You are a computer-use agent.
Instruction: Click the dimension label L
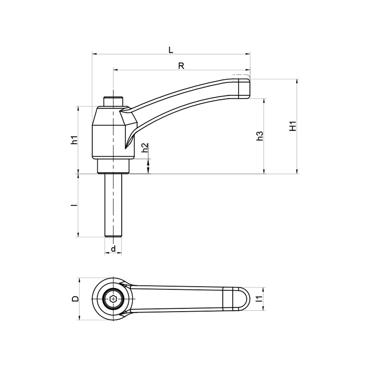click(171, 50)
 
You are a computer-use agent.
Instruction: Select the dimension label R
click(181, 66)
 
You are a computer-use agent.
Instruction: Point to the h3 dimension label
click(260, 136)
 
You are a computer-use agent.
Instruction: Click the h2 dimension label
click(145, 147)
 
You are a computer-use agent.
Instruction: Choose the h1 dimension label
click(74, 139)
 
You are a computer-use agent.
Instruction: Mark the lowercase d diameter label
click(113, 249)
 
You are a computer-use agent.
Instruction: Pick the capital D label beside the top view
click(75, 299)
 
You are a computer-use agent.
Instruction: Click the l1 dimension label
click(259, 299)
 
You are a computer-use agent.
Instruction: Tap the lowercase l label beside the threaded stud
click(74, 205)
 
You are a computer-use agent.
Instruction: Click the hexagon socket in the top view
click(113, 299)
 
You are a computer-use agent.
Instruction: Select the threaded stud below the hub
click(113, 206)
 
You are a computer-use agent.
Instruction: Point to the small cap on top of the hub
click(113, 101)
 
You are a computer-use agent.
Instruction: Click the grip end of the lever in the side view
click(244, 88)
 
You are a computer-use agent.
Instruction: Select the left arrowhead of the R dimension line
click(116, 70)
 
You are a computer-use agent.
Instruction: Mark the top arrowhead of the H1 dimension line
click(297, 82)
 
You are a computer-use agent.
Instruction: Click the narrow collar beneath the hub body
click(113, 166)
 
